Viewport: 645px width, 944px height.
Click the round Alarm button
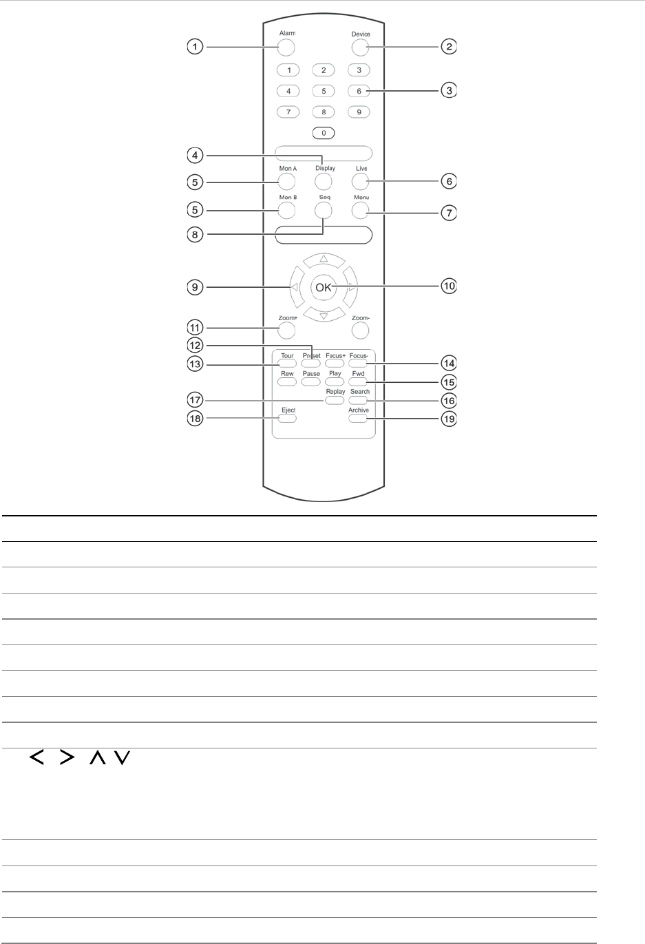286,48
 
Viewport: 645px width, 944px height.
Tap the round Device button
359,48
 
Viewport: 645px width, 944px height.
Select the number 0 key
324,133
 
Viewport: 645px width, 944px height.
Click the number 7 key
288,112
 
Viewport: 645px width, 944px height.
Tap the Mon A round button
286,181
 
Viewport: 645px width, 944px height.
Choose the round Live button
359,181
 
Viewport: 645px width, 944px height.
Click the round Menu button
359,210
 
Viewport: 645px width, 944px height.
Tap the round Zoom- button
359,331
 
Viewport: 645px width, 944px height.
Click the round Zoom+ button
286,331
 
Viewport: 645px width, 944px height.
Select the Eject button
288,418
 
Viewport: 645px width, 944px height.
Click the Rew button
287,381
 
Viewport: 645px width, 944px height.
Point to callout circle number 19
449,419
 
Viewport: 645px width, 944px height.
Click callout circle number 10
449,286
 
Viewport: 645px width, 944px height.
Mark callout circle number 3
449,90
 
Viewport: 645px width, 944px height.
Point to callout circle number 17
196,400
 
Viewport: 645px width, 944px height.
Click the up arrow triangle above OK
324,260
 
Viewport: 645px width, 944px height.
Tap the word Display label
326,169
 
